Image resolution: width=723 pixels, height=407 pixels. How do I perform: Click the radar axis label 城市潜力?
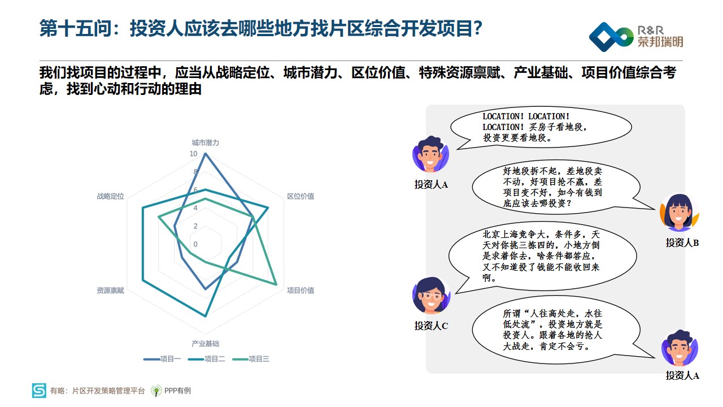pos(205,143)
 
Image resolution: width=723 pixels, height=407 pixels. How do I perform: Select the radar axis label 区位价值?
pos(300,196)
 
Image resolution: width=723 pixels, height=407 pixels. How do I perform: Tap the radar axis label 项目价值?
pos(300,291)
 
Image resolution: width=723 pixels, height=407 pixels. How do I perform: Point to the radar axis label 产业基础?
pos(205,343)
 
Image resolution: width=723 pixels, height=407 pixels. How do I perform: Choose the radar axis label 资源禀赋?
pos(110,291)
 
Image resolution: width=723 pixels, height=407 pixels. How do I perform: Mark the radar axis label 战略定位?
pos(110,196)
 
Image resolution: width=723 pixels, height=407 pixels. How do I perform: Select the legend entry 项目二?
pos(207,359)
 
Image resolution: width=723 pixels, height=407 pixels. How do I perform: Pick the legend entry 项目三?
pos(251,359)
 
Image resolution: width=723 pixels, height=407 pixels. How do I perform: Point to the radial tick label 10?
pos(193,154)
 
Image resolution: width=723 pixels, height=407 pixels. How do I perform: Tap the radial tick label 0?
pos(195,244)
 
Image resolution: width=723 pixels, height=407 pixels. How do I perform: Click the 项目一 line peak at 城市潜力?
pos(205,154)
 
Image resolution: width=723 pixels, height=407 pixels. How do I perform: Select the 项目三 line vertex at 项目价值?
pos(277,285)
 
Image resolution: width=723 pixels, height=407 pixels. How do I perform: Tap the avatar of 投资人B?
pos(679,212)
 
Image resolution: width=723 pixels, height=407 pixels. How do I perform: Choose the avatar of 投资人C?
pos(431,295)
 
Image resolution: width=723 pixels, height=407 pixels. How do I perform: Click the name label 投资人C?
pos(431,326)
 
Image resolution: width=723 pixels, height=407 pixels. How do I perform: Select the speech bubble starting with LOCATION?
pos(541,127)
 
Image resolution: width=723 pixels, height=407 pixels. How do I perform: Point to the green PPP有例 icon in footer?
pos(156,391)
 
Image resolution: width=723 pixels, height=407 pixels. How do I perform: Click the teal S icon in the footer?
pos(39,390)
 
